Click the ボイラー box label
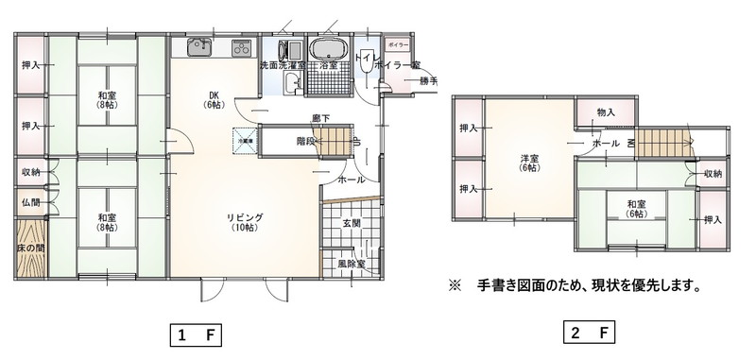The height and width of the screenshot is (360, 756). [x=398, y=44]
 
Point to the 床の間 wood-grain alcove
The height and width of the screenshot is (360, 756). [x=31, y=249]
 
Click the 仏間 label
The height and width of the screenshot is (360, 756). [x=31, y=202]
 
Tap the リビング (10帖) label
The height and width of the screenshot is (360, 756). [x=245, y=223]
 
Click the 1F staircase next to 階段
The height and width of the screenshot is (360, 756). [x=334, y=142]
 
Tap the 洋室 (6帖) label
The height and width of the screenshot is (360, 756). [x=527, y=162]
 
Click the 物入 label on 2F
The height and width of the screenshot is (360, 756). [x=606, y=112]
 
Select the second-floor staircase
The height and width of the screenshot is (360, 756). [x=662, y=143]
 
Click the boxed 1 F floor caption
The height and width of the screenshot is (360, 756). [x=196, y=334]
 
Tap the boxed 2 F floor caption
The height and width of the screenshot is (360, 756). [x=590, y=334]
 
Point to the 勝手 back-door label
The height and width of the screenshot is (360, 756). [x=428, y=81]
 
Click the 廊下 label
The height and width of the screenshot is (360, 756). [x=321, y=118]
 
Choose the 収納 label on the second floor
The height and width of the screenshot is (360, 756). [x=713, y=174]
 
